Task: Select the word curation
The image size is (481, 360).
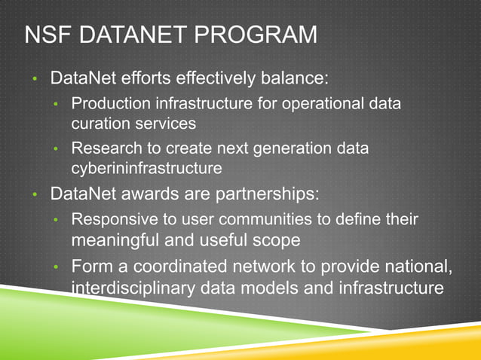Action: tap(98, 121)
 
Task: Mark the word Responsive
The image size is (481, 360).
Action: tap(109, 220)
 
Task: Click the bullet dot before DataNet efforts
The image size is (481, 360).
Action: tap(34, 79)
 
